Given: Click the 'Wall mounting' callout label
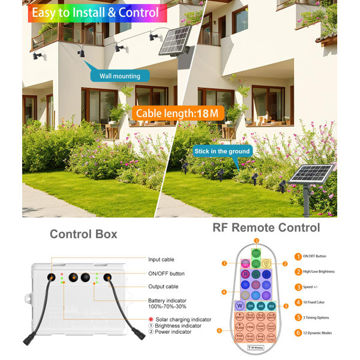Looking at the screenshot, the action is pyautogui.click(x=120, y=76).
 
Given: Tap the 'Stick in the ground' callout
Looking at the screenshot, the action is pyautogui.click(x=221, y=151).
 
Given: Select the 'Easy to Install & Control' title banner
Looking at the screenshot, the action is pyautogui.click(x=95, y=13).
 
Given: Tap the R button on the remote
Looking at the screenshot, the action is pyautogui.click(x=245, y=274).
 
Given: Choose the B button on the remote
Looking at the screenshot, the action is pyautogui.click(x=266, y=274).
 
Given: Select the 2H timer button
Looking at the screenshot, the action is pyautogui.click(x=251, y=305).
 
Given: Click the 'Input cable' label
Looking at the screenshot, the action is pyautogui.click(x=161, y=259).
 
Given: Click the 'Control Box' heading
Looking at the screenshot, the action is pyautogui.click(x=83, y=234).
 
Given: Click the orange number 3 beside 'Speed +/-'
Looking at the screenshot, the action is pyautogui.click(x=298, y=287).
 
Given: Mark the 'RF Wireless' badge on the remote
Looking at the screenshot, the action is pyautogui.click(x=256, y=347).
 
